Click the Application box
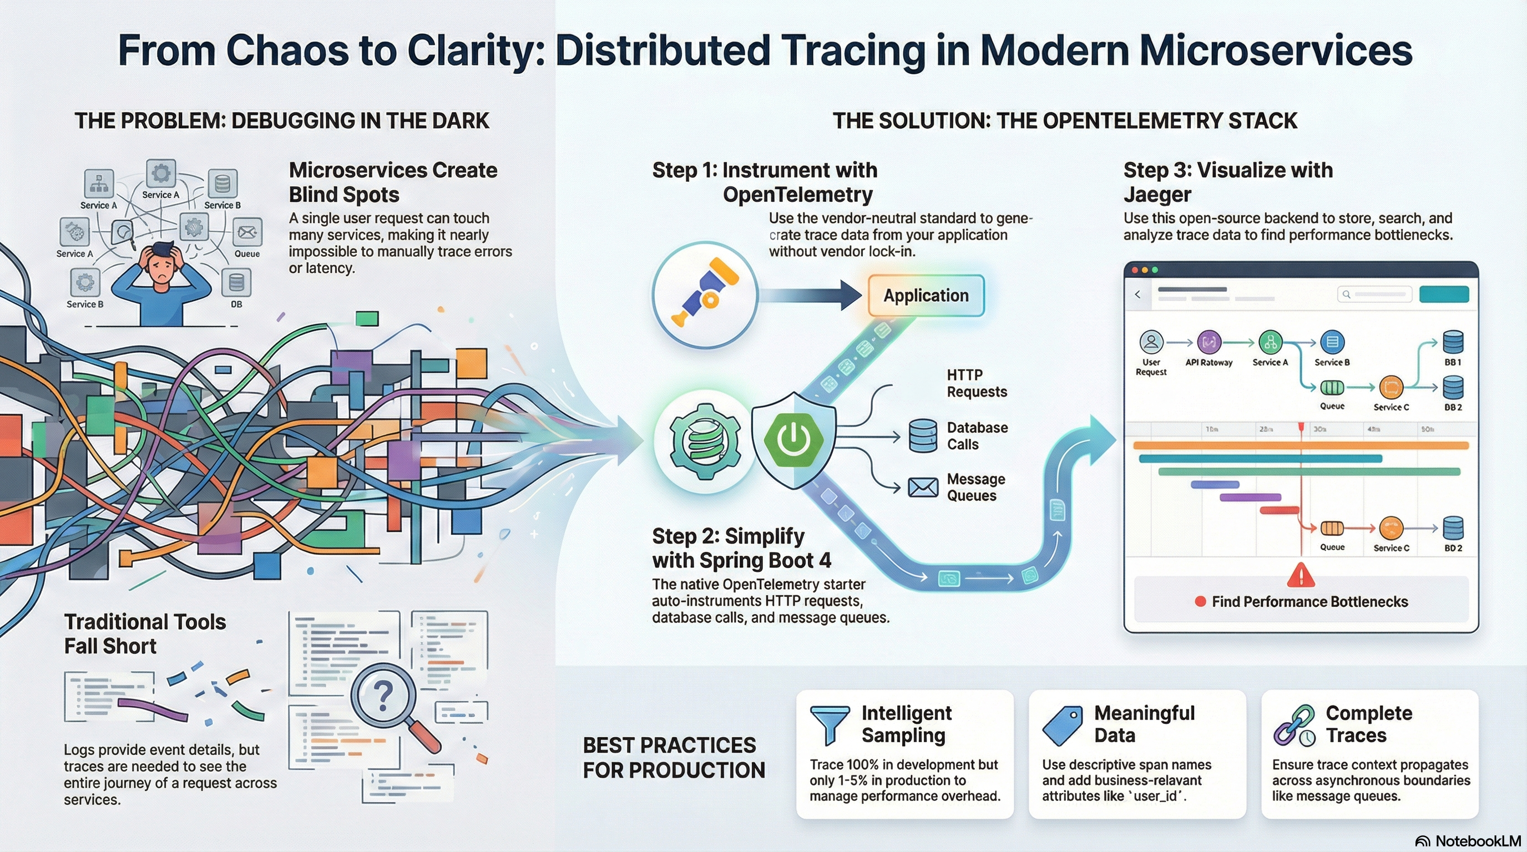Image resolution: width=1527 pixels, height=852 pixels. click(x=926, y=295)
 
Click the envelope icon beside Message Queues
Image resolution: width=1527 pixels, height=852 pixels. click(x=922, y=487)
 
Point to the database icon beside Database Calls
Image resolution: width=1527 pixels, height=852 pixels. click(x=922, y=435)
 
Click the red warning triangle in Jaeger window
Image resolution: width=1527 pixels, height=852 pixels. click(x=1301, y=574)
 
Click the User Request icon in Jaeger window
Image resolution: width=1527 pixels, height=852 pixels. click(x=1151, y=342)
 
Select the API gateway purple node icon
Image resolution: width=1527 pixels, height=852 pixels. click(x=1209, y=342)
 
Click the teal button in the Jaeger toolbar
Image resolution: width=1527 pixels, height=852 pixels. click(x=1443, y=295)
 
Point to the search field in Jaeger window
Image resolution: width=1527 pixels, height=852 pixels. click(x=1374, y=295)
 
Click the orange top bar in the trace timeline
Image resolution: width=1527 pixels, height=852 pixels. click(x=1301, y=445)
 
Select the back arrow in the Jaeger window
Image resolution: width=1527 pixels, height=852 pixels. click(x=1137, y=295)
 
